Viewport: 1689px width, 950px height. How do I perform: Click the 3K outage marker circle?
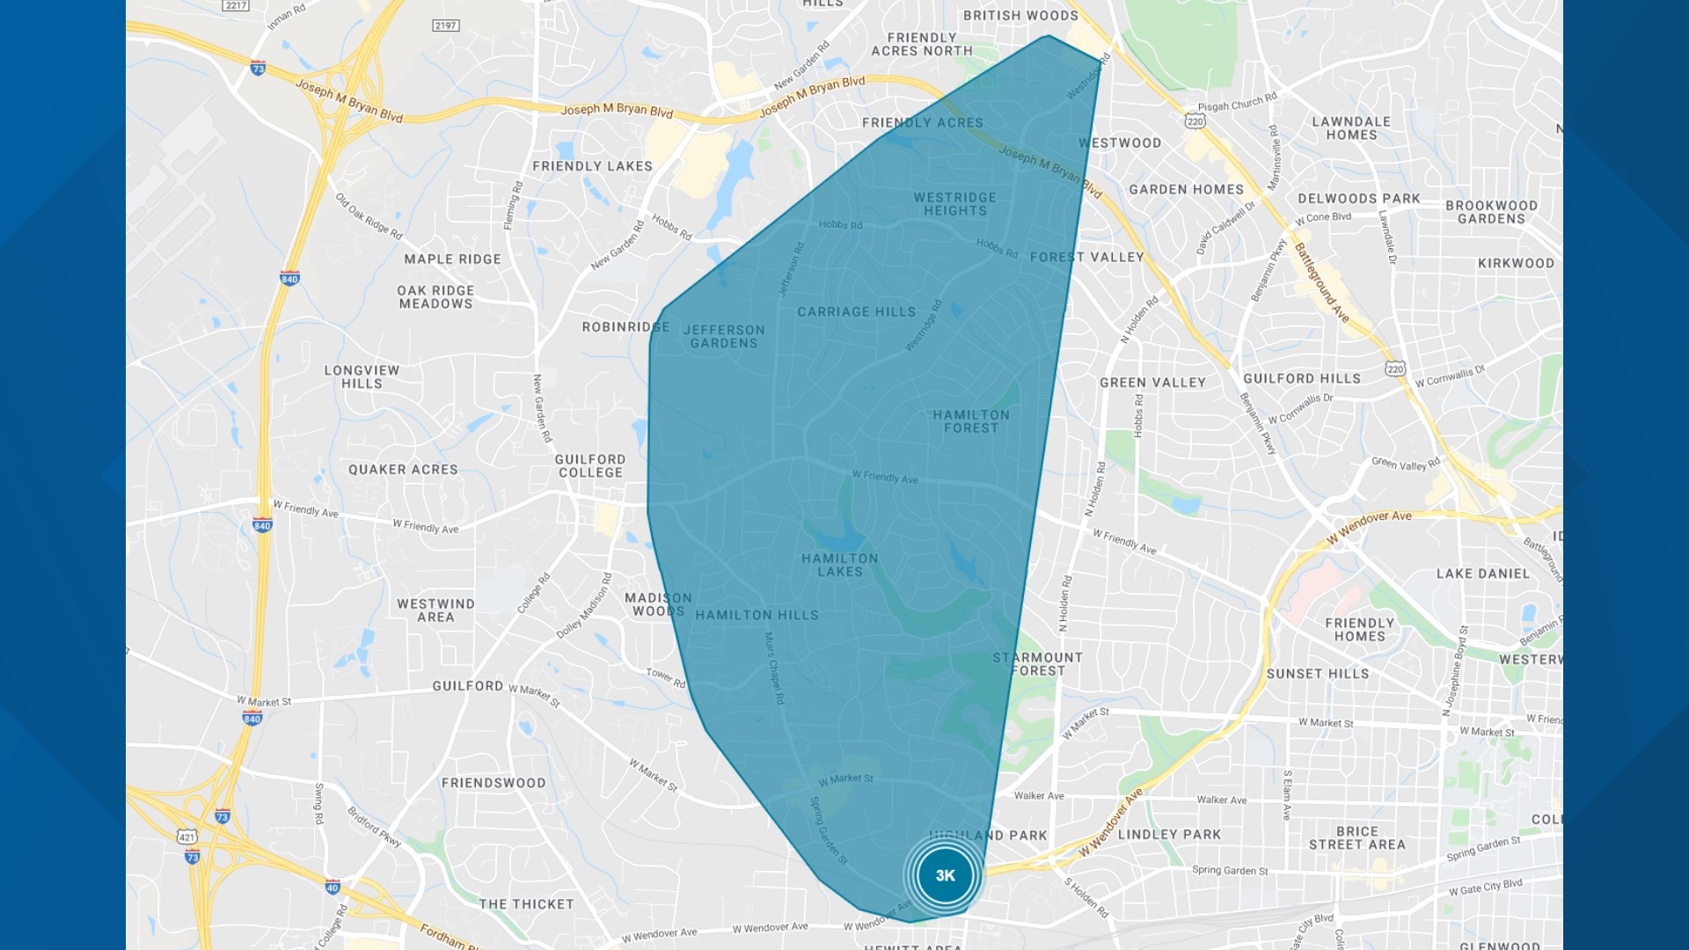coord(945,875)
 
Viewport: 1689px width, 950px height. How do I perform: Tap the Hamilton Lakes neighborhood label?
coord(839,565)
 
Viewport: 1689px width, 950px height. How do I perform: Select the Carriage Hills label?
coord(856,311)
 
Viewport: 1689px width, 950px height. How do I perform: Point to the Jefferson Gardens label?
coord(724,336)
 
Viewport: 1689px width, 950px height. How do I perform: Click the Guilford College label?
coord(590,465)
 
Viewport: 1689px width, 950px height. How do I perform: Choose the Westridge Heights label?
coord(954,204)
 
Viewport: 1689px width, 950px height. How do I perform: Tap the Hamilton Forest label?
coord(971,421)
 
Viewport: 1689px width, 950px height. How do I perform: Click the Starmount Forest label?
coord(1038,663)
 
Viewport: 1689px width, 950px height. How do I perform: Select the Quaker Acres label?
coord(403,470)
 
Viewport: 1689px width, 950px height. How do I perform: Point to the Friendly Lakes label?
coord(592,166)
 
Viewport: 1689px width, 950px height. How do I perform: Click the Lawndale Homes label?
coord(1351,128)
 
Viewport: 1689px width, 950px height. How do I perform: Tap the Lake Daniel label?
coord(1483,574)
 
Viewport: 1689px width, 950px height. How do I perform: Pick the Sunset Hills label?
coord(1318,674)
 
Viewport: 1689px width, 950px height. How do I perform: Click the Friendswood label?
coord(494,783)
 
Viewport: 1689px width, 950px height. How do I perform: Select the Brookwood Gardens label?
coord(1491,212)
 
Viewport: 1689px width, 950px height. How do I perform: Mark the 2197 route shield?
coord(446,26)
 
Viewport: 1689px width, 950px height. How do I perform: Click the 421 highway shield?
coord(186,837)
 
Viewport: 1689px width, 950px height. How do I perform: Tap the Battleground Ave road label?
coord(1320,282)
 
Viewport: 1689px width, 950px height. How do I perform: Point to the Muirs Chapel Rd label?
coord(774,668)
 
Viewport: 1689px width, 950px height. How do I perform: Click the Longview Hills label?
coord(362,376)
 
